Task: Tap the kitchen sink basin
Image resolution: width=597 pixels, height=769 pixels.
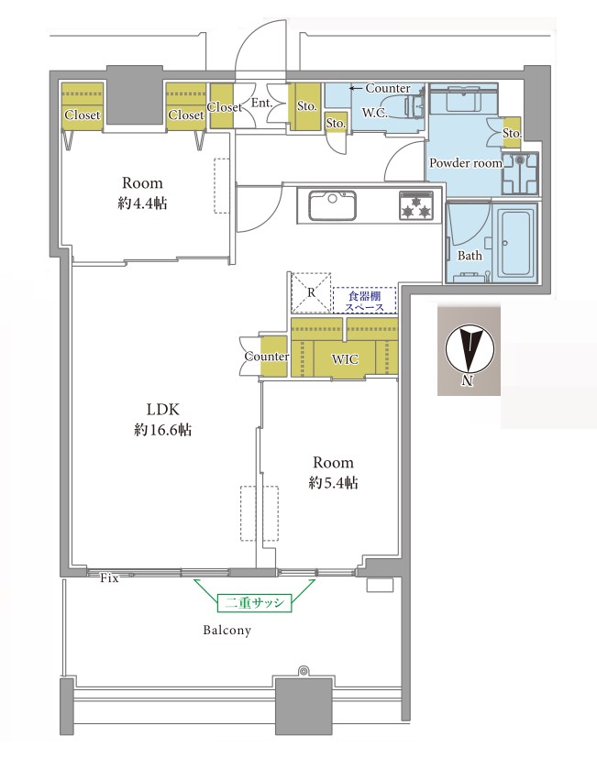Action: [332, 205]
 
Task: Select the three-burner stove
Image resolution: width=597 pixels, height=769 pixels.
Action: [416, 205]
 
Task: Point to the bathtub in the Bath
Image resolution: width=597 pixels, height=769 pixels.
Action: [515, 243]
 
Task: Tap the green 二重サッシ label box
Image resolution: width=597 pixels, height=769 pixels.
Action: [254, 603]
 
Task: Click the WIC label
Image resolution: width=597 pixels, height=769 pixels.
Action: [345, 359]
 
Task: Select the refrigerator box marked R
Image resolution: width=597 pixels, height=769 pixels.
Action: [311, 292]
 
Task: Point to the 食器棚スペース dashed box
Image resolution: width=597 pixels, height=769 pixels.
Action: [364, 301]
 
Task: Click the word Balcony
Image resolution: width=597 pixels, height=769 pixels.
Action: [227, 631]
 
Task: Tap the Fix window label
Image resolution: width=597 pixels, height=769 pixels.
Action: [109, 578]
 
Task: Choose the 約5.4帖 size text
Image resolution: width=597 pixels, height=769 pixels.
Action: [333, 483]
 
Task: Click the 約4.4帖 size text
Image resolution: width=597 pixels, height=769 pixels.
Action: [142, 203]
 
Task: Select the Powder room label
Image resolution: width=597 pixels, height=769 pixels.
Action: [466, 163]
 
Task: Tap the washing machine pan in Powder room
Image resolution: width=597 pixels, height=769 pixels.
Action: [520, 173]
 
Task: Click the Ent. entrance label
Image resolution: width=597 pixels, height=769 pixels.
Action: [261, 103]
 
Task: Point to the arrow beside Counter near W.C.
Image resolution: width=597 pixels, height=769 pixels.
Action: [356, 88]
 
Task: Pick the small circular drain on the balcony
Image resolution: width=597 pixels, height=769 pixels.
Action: [304, 670]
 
